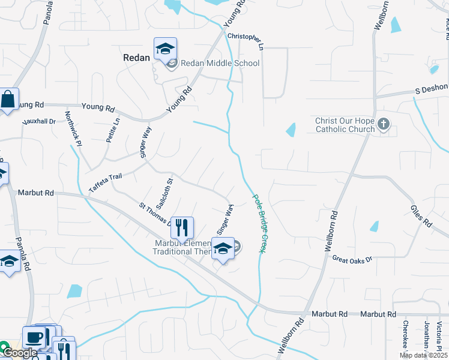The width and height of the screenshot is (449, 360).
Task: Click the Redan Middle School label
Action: [220, 63]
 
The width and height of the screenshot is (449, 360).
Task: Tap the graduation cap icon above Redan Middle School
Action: [164, 49]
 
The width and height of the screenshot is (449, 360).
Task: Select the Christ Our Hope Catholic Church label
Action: [345, 125]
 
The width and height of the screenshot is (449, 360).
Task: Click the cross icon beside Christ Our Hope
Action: [384, 125]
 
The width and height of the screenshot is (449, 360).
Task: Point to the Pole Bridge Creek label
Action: [258, 223]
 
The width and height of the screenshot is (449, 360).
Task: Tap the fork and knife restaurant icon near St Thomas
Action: [182, 227]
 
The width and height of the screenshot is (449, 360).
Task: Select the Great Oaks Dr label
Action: [352, 259]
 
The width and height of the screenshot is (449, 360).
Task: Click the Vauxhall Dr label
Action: [39, 121]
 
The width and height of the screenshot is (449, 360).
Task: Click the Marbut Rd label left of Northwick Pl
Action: [36, 193]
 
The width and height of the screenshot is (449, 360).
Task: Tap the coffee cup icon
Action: [34, 337]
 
